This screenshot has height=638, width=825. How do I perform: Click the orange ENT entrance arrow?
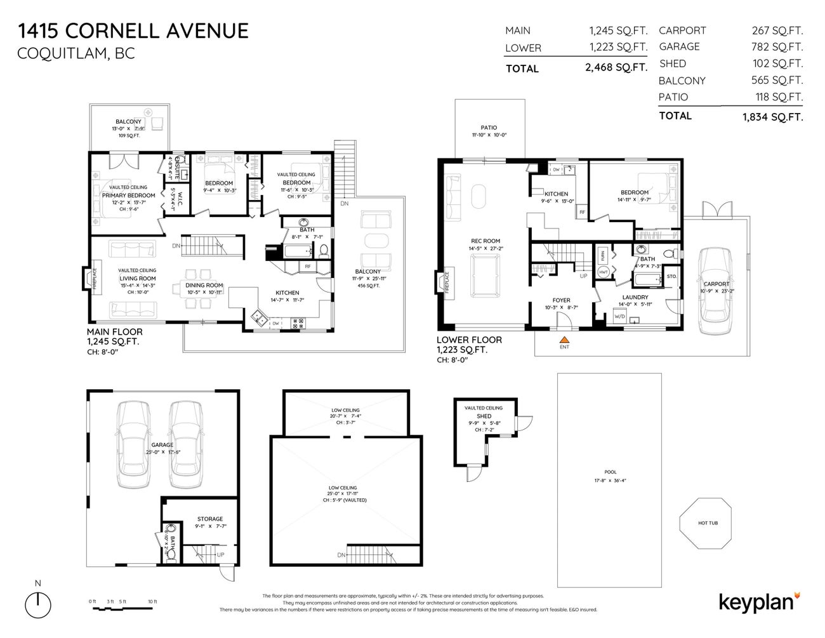(564, 340)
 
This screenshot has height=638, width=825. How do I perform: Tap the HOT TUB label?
(708, 523)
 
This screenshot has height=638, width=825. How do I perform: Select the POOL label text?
(610, 472)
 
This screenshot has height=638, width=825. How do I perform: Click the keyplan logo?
(759, 602)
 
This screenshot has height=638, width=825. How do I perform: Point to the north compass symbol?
(38, 601)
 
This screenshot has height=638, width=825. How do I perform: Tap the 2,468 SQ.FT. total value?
(616, 67)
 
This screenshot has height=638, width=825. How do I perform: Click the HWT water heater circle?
(603, 272)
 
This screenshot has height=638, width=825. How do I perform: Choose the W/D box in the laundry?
(619, 316)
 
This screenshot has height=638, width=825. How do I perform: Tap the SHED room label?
(484, 416)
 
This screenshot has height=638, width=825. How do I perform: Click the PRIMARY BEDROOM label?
(129, 196)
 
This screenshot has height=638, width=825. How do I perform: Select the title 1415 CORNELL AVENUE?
(133, 30)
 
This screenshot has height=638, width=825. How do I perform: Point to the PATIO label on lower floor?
(489, 128)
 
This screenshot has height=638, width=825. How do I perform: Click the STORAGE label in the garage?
(209, 519)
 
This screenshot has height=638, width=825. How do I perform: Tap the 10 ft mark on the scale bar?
(152, 602)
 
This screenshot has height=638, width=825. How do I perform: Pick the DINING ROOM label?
(204, 285)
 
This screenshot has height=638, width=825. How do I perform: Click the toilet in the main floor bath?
(323, 250)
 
